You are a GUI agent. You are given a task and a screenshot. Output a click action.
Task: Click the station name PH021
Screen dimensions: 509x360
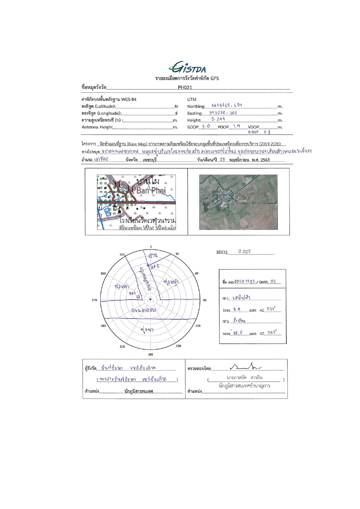tap(185, 87)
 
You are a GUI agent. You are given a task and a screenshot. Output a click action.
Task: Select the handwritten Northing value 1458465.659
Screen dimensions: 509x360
tap(227, 106)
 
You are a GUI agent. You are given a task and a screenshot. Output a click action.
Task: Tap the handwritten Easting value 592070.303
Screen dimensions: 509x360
tap(223, 113)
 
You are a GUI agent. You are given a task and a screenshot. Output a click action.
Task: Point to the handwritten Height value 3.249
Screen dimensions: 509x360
tap(218, 119)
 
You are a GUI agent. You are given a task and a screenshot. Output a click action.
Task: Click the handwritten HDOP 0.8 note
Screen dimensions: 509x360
tap(259, 132)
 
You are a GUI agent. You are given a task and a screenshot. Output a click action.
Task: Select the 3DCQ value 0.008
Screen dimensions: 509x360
tap(244, 252)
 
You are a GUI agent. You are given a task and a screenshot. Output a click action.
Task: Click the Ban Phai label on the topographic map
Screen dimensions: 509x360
tap(151, 191)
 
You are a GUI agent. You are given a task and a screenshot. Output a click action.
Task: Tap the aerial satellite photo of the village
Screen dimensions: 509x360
tap(238, 202)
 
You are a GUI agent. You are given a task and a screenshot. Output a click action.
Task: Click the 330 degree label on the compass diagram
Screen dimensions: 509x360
tap(122, 254)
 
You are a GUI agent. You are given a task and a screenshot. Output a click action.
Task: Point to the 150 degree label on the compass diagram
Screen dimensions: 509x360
tap(178, 346)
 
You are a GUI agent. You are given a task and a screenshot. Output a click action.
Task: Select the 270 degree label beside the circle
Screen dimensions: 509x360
tap(95, 300)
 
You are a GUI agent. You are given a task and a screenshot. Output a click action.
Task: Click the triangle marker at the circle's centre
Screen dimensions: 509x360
tap(150, 299)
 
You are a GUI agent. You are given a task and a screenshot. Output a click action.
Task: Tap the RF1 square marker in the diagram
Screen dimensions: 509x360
tap(138, 297)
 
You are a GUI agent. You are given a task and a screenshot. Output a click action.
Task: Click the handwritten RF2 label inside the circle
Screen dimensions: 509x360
tap(155, 267)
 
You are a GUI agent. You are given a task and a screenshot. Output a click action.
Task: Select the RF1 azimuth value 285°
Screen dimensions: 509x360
tap(271, 309)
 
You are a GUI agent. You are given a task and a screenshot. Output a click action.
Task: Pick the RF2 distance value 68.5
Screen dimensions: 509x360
tap(238, 333)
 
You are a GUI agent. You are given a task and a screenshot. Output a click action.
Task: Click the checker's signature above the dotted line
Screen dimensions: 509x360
tap(245, 367)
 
